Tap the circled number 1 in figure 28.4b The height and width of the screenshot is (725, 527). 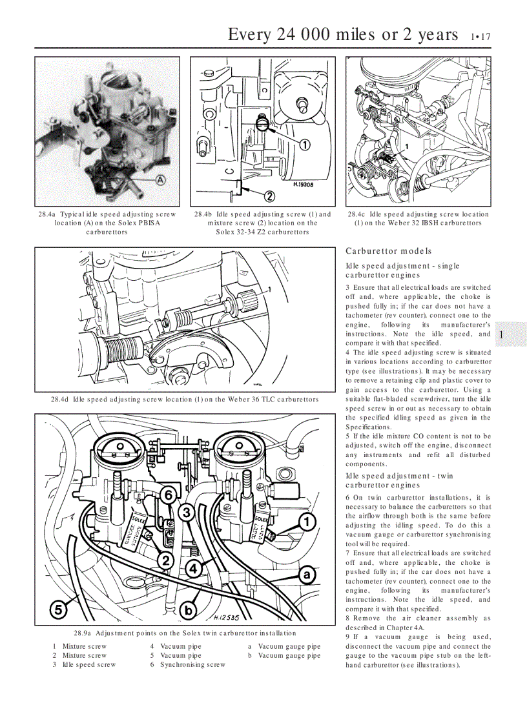pyautogui.click(x=304, y=145)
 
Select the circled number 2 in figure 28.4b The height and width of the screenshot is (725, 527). pyautogui.click(x=269, y=196)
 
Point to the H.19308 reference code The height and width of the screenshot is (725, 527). pyautogui.click(x=303, y=184)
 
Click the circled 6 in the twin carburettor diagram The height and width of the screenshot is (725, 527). pyautogui.click(x=167, y=496)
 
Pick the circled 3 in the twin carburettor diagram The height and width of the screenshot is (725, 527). pyautogui.click(x=187, y=513)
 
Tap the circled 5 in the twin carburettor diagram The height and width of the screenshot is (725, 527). pyautogui.click(x=59, y=608)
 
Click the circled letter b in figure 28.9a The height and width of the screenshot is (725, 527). pyautogui.click(x=189, y=610)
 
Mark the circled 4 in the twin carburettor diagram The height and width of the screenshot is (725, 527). pyautogui.click(x=192, y=568)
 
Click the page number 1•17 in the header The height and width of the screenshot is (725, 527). pyautogui.click(x=480, y=37)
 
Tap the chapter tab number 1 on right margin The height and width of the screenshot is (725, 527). pyautogui.click(x=501, y=334)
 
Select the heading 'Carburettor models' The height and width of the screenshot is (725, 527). pyautogui.click(x=389, y=251)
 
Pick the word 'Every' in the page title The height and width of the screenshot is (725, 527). pyautogui.click(x=251, y=34)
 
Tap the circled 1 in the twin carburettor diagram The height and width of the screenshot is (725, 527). pyautogui.click(x=307, y=521)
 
